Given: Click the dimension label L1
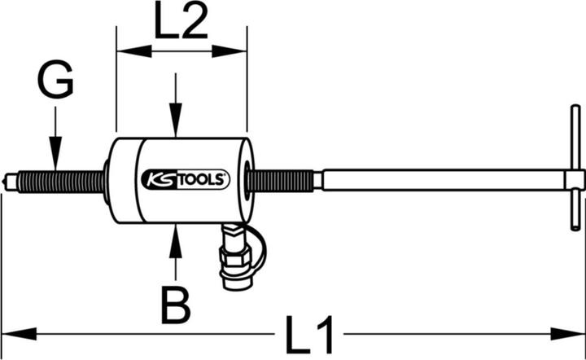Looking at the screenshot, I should tap(312, 334).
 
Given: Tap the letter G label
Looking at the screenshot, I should tap(55, 82).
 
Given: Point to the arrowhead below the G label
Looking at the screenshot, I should tap(54, 159).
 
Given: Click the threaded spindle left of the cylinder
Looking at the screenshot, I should tap(65, 180).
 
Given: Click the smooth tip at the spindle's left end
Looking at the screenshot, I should tap(10, 180).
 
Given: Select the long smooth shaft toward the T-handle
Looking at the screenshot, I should tap(439, 180).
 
